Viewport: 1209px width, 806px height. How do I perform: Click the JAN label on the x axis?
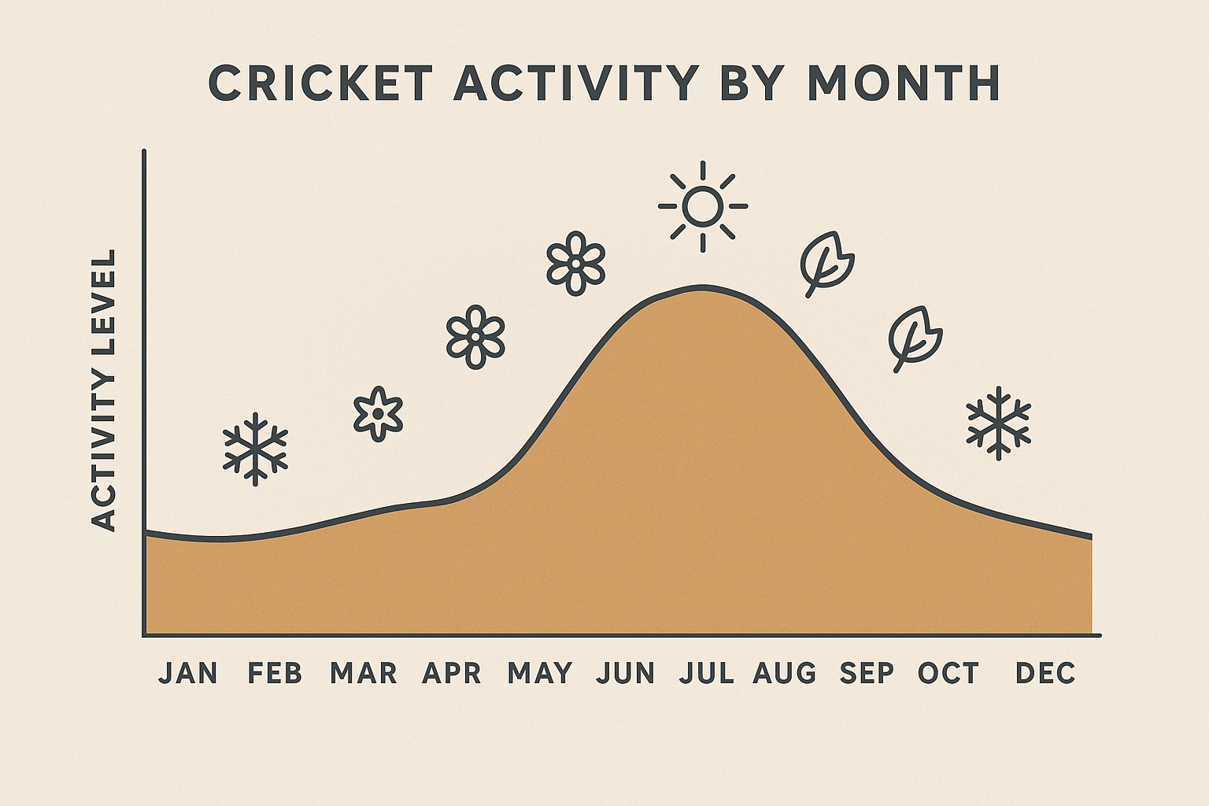(x=188, y=673)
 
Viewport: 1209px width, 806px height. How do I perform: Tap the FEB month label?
(x=275, y=673)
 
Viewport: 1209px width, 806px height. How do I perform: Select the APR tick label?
(x=451, y=673)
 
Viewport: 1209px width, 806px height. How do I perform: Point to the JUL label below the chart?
(x=706, y=673)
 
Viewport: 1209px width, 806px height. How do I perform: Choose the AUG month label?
(x=785, y=673)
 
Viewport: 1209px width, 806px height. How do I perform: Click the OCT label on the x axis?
(x=948, y=673)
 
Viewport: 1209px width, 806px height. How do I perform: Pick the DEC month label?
(x=1045, y=673)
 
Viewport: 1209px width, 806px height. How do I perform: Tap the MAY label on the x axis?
(x=540, y=673)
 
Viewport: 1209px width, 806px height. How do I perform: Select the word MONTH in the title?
(x=904, y=83)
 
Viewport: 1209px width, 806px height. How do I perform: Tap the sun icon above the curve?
(x=702, y=206)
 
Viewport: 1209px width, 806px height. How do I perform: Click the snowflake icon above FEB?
(x=255, y=449)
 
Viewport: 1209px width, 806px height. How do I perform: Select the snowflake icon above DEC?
(x=998, y=423)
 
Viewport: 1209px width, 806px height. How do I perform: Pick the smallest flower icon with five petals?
(x=378, y=413)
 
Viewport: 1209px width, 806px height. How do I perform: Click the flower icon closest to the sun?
(x=575, y=263)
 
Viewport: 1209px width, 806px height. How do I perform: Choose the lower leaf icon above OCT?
(x=915, y=337)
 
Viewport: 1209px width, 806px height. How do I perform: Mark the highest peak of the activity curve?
(x=702, y=287)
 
